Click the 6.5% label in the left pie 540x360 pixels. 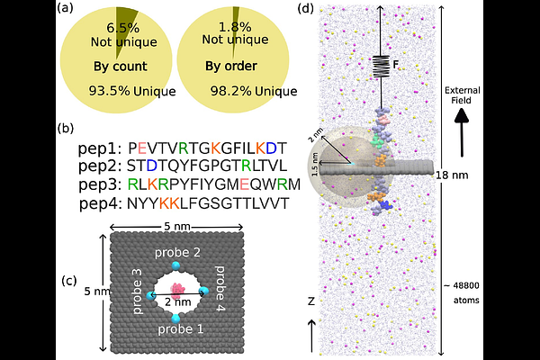pyautogui.click(x=122, y=28)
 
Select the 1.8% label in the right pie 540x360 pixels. pyautogui.click(x=235, y=27)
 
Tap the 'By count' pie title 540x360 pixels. pyautogui.click(x=121, y=67)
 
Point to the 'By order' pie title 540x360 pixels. pyautogui.click(x=231, y=66)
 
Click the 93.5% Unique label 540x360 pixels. pyautogui.click(x=132, y=91)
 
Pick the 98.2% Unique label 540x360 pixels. pyautogui.click(x=254, y=91)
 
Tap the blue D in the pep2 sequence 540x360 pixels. pyautogui.click(x=151, y=166)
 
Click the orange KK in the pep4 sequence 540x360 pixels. pyautogui.click(x=169, y=203)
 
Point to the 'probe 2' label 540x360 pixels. pyautogui.click(x=177, y=253)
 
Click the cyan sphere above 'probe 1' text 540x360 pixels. pyautogui.click(x=175, y=318)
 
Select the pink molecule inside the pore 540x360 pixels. pyautogui.click(x=177, y=291)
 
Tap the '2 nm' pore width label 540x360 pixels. pyautogui.click(x=177, y=302)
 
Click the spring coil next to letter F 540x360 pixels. pyautogui.click(x=382, y=66)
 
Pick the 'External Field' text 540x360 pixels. pyautogui.click(x=462, y=95)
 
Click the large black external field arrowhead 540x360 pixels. pyautogui.click(x=462, y=116)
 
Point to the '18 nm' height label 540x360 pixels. pyautogui.click(x=452, y=175)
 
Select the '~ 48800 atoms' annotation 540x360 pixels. pyautogui.click(x=462, y=292)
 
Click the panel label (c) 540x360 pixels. pyautogui.click(x=69, y=281)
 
